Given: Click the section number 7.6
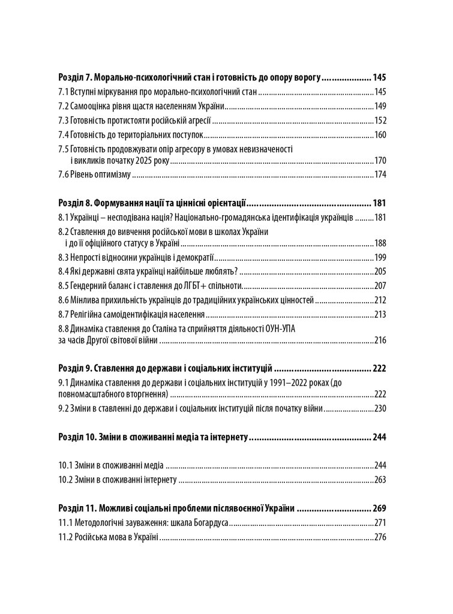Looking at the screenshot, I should click(x=64, y=175).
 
